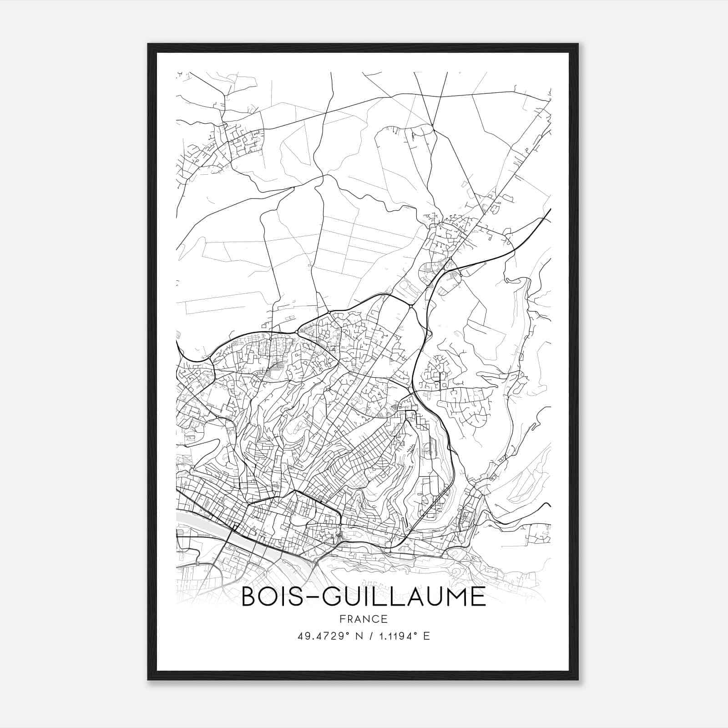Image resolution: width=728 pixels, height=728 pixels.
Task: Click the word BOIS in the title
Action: click(x=269, y=597)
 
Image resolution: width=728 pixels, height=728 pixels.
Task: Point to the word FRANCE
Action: click(x=364, y=619)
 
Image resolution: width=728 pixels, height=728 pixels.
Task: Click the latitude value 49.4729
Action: click(x=321, y=636)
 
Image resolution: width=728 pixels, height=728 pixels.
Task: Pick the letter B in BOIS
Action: click(x=249, y=597)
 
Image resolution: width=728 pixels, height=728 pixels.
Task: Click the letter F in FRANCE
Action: click(x=342, y=619)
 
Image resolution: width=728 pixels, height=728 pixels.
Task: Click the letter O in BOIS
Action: click(x=269, y=597)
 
